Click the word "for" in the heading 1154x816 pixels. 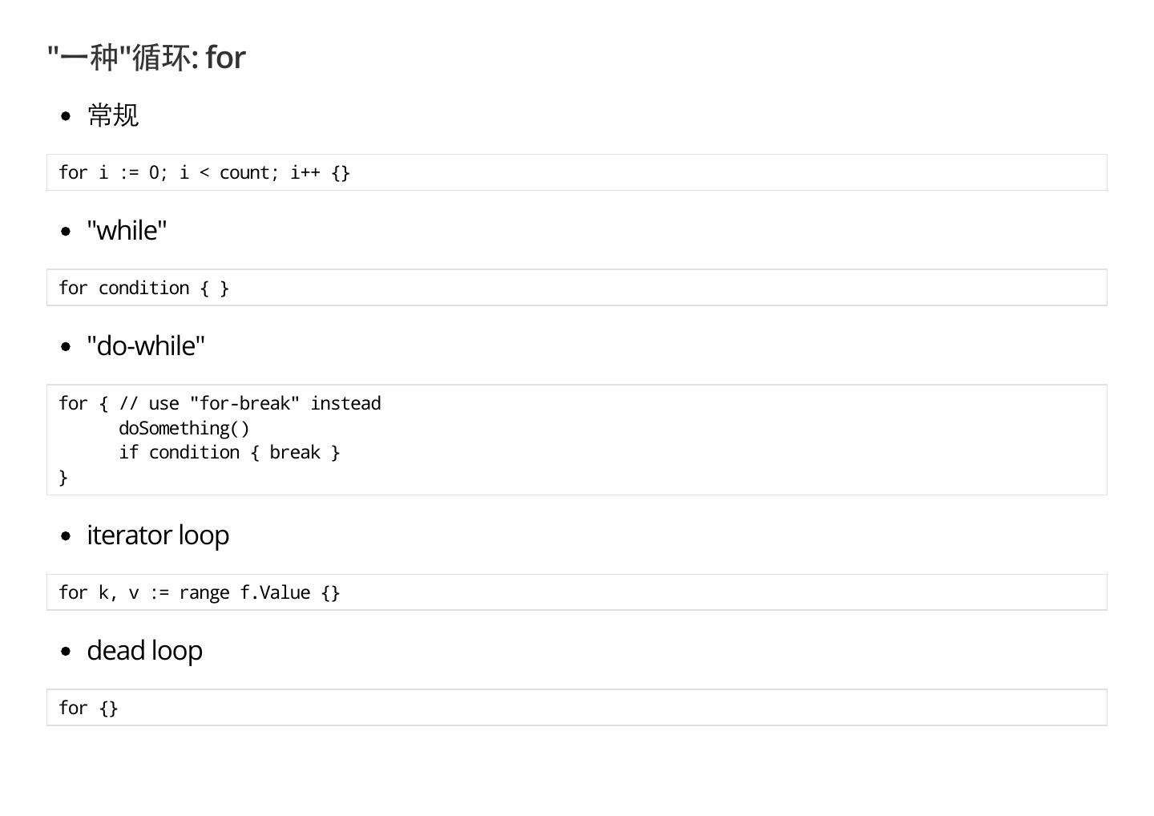225,58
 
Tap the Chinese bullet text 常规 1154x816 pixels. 113,115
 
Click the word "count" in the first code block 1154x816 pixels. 244,173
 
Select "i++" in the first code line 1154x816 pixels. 305,173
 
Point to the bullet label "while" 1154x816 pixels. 127,231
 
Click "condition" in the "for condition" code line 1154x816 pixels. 144,289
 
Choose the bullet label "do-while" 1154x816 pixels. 146,346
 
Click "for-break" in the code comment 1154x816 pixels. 244,404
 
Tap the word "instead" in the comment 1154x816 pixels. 345,404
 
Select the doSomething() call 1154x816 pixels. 184,428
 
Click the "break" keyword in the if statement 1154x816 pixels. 295,453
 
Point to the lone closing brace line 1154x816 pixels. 63,478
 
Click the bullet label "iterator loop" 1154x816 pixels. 158,535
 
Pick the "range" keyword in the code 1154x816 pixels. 204,593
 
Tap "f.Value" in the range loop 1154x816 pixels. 275,593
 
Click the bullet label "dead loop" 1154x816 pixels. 144,651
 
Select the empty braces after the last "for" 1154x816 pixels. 109,709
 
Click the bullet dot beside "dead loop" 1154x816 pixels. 66,652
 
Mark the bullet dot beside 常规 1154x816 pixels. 66,116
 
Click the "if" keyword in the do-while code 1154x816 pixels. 128,453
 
